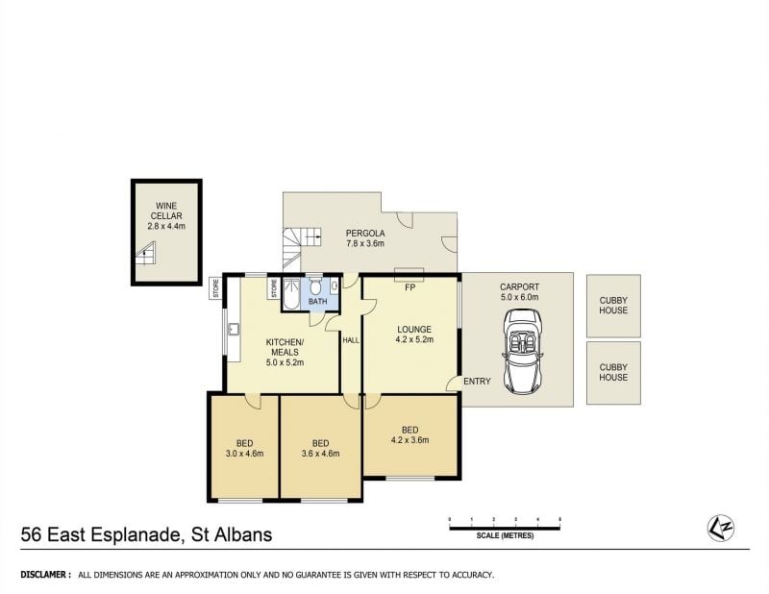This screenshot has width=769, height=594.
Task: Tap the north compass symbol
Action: (x=720, y=529)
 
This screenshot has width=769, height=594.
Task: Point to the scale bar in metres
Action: (x=505, y=529)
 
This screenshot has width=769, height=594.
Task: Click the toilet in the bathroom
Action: (x=315, y=287)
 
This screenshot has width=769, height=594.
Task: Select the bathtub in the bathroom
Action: (x=291, y=293)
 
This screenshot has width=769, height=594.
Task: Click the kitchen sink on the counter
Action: (x=233, y=329)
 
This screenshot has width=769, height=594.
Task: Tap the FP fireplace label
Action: (x=410, y=288)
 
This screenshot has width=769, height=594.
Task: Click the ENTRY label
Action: (x=477, y=382)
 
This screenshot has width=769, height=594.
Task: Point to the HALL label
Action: (x=351, y=340)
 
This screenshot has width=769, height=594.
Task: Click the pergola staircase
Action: (x=299, y=248)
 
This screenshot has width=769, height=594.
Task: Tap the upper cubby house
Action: (x=613, y=306)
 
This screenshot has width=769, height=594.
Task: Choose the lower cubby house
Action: (x=613, y=373)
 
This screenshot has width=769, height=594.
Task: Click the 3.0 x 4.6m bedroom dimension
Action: (x=244, y=454)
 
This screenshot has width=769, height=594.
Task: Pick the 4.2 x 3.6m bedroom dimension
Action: (x=410, y=440)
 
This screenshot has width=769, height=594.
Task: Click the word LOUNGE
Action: (x=414, y=330)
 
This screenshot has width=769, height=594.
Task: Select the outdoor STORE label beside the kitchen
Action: (x=215, y=288)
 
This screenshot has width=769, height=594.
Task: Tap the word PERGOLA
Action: (x=365, y=234)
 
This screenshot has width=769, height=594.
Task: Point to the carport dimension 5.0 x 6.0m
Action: (x=519, y=297)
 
